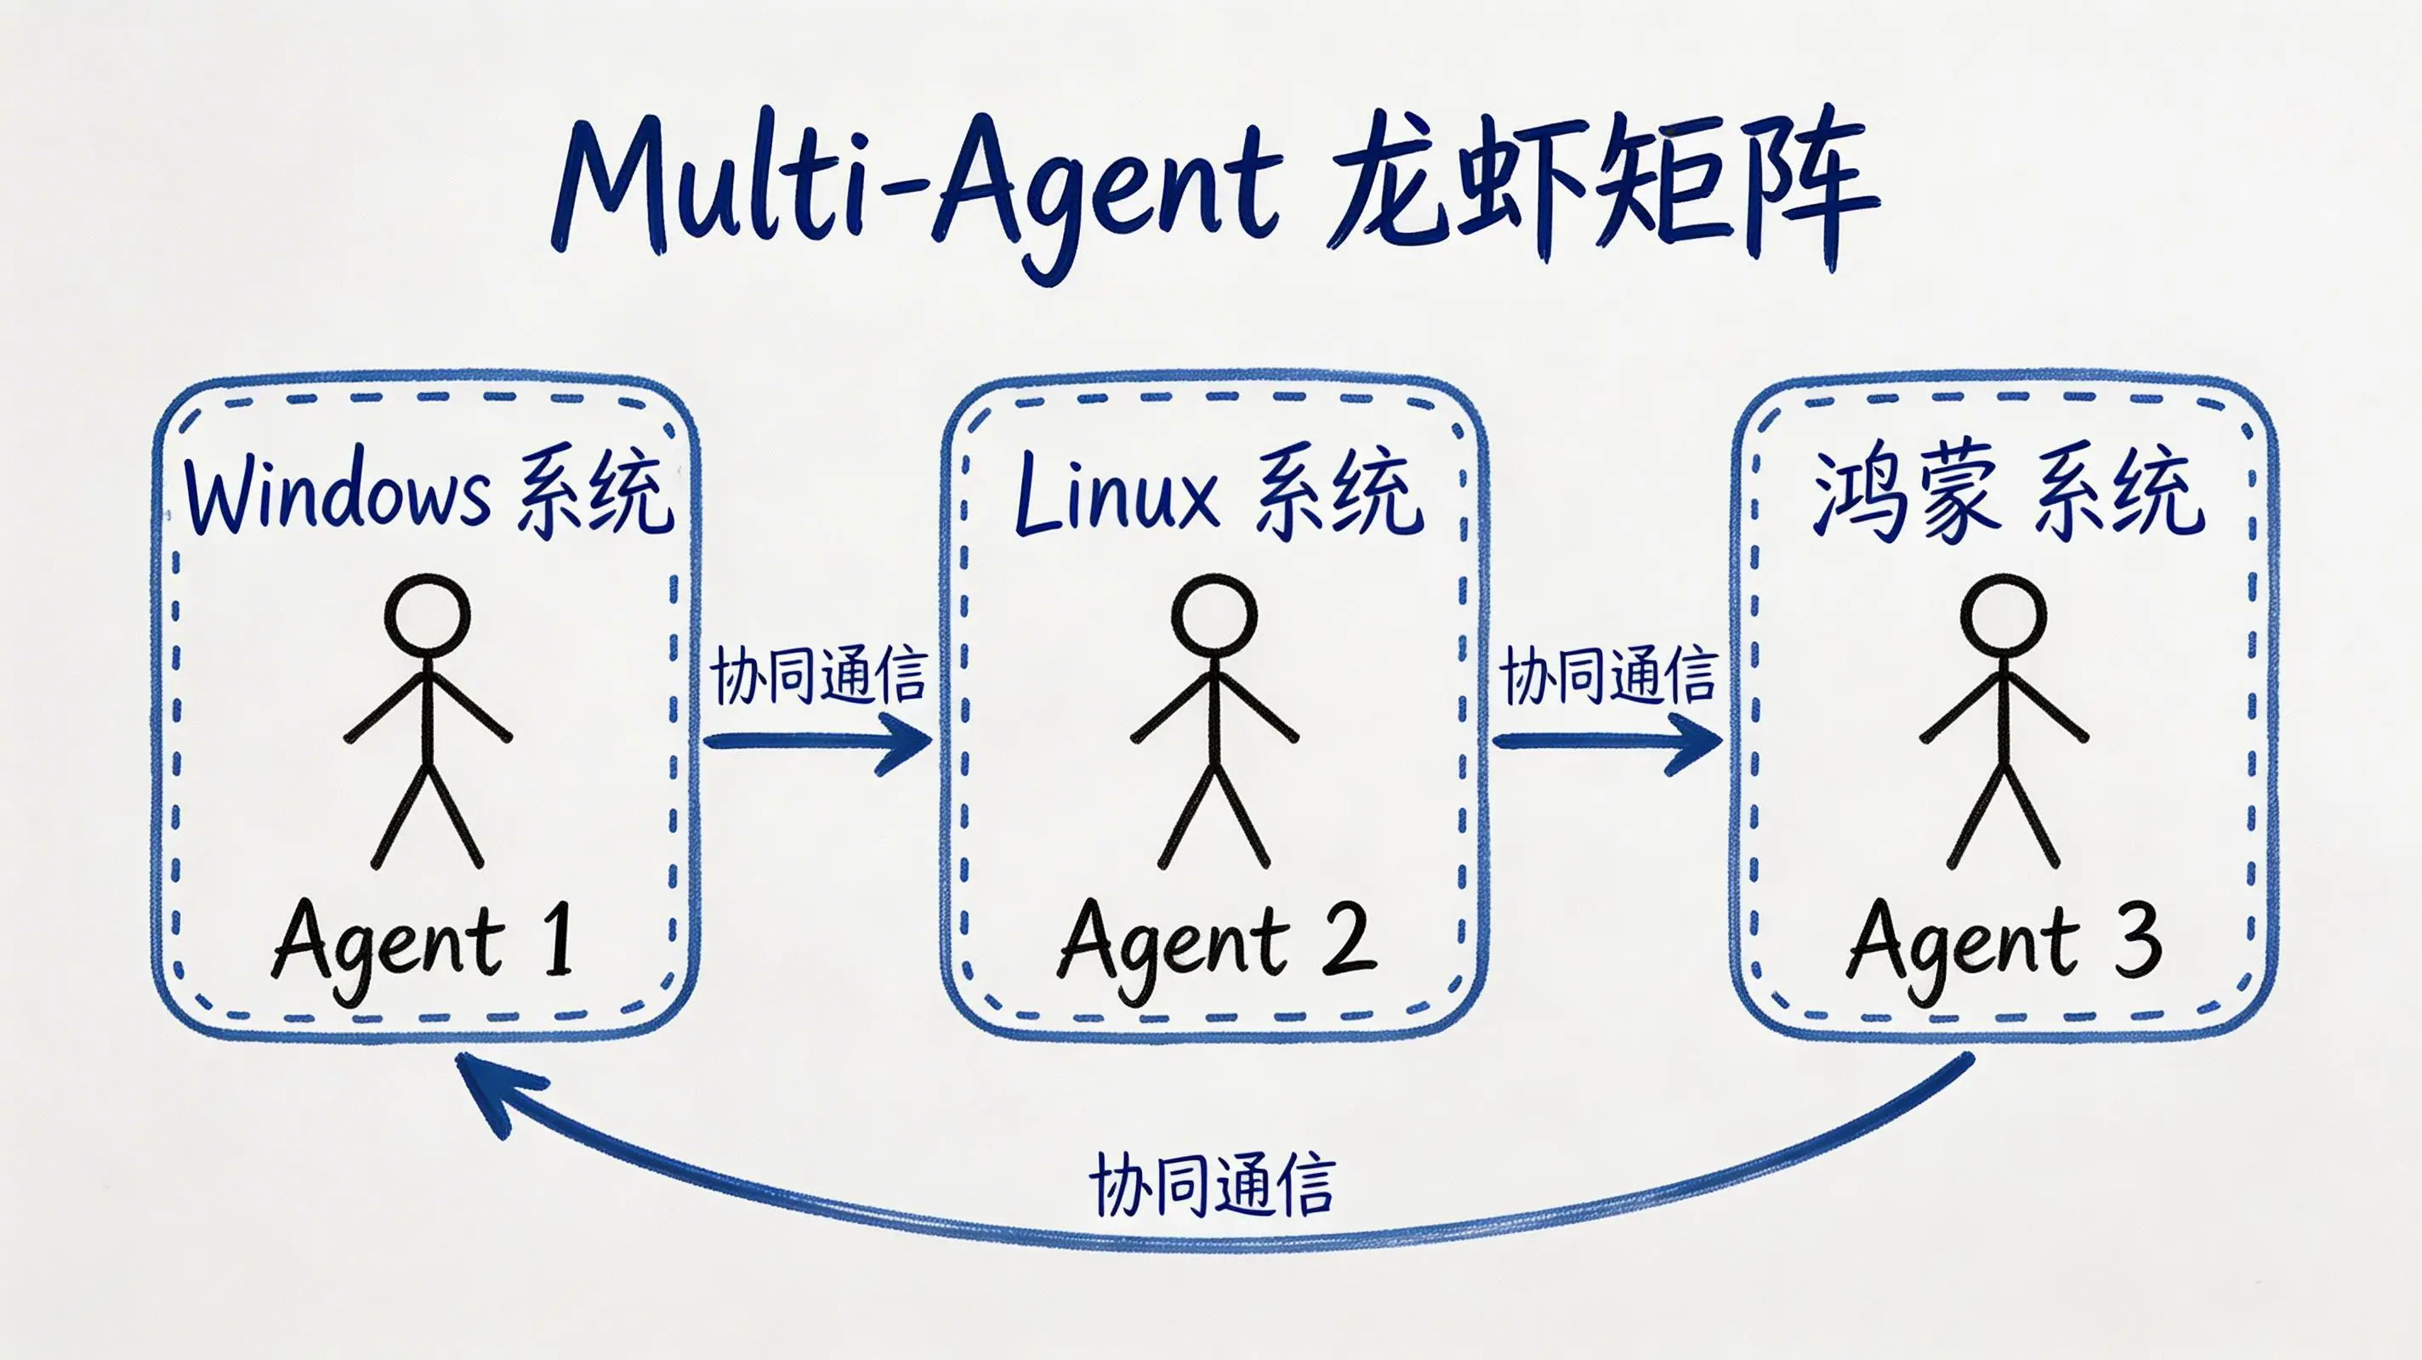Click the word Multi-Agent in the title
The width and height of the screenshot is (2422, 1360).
pos(917,188)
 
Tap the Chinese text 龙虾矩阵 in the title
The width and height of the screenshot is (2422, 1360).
pos(1599,193)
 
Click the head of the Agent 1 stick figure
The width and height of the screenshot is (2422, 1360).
pos(427,615)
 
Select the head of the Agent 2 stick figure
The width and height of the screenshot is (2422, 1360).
pos(1214,615)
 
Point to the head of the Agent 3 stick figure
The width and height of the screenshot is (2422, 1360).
pos(2004,615)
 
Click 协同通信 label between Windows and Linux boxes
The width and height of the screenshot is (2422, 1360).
pos(818,675)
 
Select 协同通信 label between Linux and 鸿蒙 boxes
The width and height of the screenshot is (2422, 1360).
pos(1608,675)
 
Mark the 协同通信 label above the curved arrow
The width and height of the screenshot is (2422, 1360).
pos(1212,1184)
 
